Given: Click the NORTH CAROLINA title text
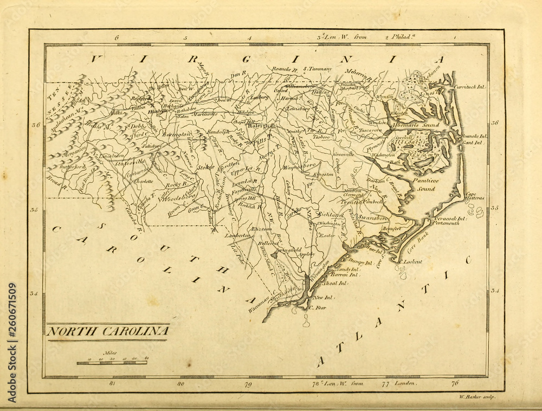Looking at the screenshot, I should pos(107,331).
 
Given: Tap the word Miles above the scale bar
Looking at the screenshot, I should pos(111,353).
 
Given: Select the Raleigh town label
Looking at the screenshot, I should pos(258,125).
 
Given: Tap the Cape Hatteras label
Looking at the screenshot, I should pos(474,196).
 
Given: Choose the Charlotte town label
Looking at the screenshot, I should pos(143,181).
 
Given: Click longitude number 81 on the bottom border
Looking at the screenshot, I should pos(112,384).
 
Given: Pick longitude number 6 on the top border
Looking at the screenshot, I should pos(117,38).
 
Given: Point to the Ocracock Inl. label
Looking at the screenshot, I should pos(449,219).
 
